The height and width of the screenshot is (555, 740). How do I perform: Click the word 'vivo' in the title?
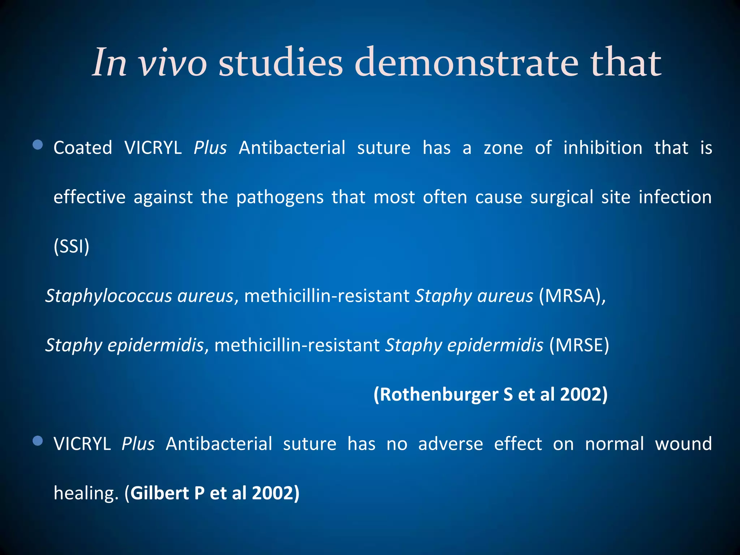[173, 64]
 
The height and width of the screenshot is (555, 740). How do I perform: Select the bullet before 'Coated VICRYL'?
[38, 145]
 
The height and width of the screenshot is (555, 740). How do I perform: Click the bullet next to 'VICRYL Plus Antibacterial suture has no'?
[38, 441]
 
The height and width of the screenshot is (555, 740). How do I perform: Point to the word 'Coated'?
[83, 148]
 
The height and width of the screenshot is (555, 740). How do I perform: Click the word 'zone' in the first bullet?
[503, 148]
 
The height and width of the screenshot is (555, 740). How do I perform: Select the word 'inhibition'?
[603, 148]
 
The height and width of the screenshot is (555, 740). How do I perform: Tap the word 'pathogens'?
[280, 198]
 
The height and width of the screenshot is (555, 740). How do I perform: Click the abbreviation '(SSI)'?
[72, 247]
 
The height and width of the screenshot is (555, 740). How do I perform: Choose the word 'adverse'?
[450, 444]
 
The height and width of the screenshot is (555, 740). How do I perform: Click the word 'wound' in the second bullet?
[683, 444]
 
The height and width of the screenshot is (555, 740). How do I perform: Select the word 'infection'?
[675, 197]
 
